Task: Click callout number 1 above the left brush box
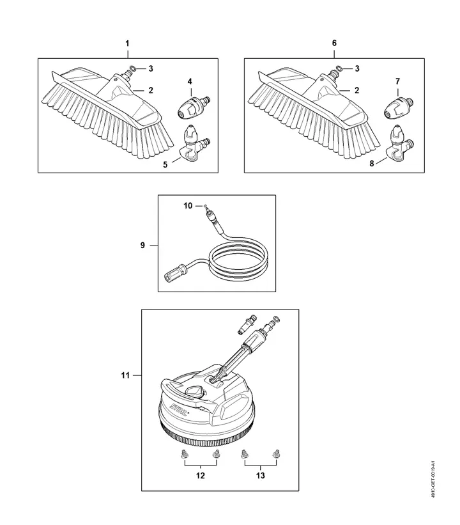[127, 43]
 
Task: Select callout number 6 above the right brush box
[334, 43]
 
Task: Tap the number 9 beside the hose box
[143, 245]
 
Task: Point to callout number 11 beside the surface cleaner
[126, 375]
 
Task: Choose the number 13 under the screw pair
[260, 475]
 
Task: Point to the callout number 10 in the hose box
[187, 206]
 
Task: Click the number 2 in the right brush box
[358, 91]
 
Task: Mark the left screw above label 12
[182, 454]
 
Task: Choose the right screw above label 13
[277, 454]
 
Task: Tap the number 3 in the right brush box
[358, 68]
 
